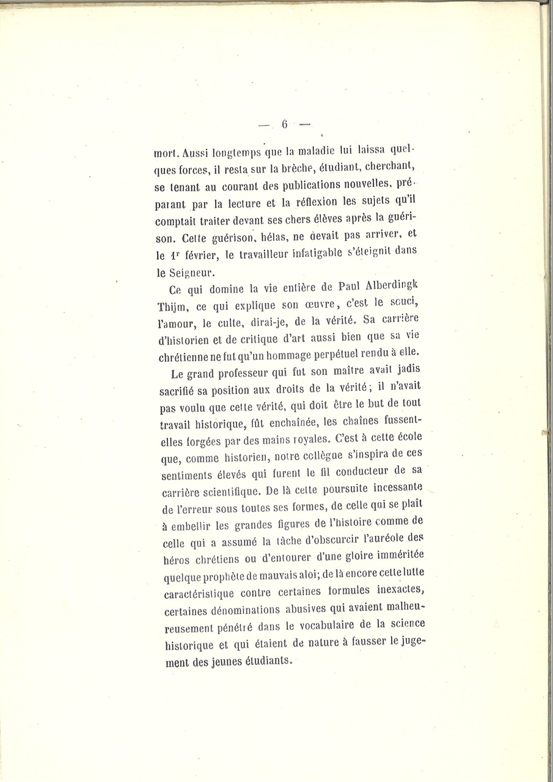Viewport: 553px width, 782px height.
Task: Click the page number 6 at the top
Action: tap(284, 124)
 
